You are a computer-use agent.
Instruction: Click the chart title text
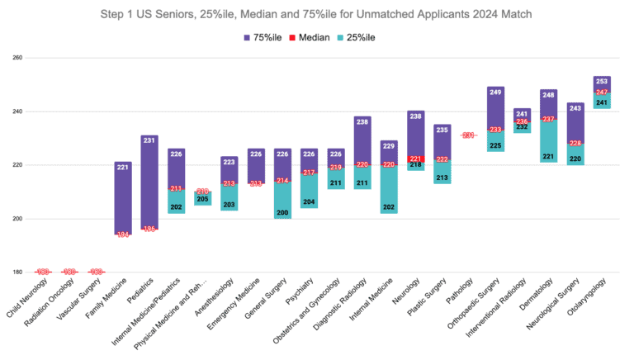point(316,13)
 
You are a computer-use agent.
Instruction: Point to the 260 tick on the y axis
point(17,58)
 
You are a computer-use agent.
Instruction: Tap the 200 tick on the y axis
point(17,219)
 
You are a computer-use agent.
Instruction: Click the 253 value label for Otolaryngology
point(602,81)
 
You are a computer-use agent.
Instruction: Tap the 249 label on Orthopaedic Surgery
point(495,92)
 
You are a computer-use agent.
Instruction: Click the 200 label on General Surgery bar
point(282,213)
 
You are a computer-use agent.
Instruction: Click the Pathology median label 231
point(469,135)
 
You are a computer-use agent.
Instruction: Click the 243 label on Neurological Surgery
point(575,107)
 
